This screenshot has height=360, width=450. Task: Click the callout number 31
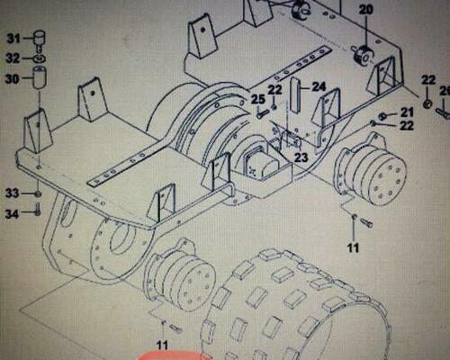pyautogui.click(x=13, y=38)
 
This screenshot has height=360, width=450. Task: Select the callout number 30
pyautogui.click(x=12, y=79)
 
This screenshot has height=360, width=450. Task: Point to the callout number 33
pyautogui.click(x=12, y=193)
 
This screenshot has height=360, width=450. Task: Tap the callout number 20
pyautogui.click(x=366, y=9)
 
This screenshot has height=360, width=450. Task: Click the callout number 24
pyautogui.click(x=319, y=87)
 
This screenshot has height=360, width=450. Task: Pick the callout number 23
pyautogui.click(x=301, y=157)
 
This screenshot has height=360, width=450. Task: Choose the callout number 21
pyautogui.click(x=407, y=112)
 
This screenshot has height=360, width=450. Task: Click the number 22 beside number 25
pyautogui.click(x=274, y=90)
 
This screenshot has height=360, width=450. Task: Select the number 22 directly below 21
pyautogui.click(x=407, y=125)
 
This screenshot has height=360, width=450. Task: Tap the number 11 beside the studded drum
pyautogui.click(x=162, y=345)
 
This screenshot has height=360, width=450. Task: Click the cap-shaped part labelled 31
pyautogui.click(x=39, y=39)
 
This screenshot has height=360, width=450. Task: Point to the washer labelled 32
pyautogui.click(x=40, y=58)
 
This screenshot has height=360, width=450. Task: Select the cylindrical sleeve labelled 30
pyautogui.click(x=40, y=77)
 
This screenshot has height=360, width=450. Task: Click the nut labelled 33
pyautogui.click(x=38, y=193)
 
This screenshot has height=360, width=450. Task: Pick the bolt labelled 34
pyautogui.click(x=38, y=209)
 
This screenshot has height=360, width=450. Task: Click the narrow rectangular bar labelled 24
pyautogui.click(x=295, y=94)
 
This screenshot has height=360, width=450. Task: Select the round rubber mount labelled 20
pyautogui.click(x=363, y=55)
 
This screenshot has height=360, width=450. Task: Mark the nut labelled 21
pyautogui.click(x=382, y=116)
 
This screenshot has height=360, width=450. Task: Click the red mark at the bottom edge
pyautogui.click(x=174, y=355)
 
